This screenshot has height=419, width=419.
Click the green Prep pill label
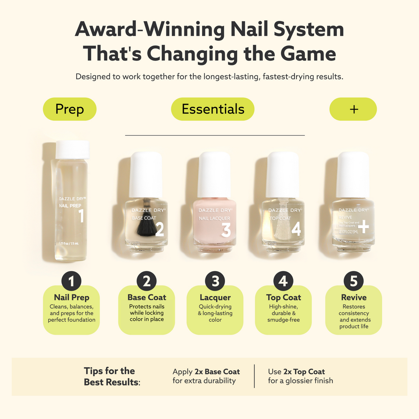coord(70,109)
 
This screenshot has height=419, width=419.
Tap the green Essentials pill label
coord(213,109)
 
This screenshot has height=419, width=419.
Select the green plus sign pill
coord(353,109)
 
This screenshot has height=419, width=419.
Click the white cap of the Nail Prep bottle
coord(72,150)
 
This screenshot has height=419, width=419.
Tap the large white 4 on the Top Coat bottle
coord(296,229)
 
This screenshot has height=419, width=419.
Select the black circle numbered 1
coord(71,281)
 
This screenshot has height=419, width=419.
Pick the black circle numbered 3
coord(215,281)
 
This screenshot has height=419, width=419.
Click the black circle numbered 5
coord(353,281)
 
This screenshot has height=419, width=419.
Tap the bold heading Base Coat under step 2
coord(147,298)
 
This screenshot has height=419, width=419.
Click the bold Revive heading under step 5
coord(353,298)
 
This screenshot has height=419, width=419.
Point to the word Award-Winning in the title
coord(150,30)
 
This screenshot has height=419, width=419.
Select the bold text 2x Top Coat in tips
coord(304,372)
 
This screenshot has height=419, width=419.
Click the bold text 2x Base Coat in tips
coord(217,372)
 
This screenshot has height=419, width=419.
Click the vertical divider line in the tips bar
coord(254,376)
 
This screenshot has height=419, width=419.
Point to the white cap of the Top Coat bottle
coord(283,174)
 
